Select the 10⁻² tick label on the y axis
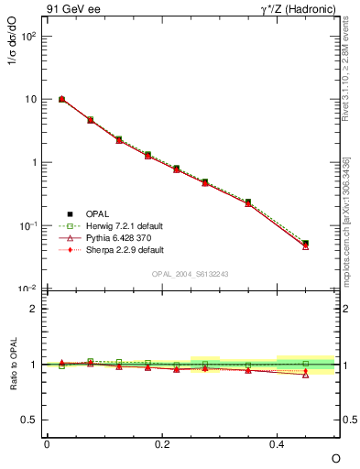pos(27,289)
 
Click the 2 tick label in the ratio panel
pos(34,309)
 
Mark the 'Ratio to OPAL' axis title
pos(12,365)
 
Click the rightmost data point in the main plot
pos(305,244)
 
